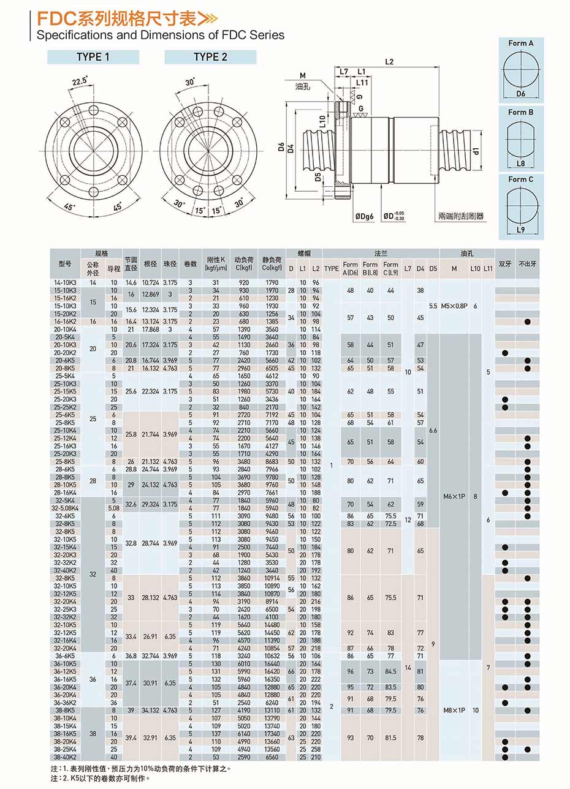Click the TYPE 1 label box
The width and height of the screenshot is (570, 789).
click(93, 57)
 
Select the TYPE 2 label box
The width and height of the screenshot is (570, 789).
click(210, 57)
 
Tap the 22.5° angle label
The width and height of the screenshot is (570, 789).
click(80, 81)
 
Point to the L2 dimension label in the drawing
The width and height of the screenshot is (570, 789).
click(389, 61)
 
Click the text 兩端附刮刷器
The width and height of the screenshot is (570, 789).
click(461, 216)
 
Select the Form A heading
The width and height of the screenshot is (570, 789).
click(520, 43)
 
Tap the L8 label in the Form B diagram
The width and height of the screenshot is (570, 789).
click(520, 164)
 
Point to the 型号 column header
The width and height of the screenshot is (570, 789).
click(65, 264)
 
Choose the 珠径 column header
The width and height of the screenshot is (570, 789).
click(170, 264)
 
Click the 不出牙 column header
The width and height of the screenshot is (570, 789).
click(527, 264)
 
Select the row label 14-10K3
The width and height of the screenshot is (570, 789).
click(65, 282)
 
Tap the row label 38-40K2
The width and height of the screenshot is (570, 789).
click(65, 757)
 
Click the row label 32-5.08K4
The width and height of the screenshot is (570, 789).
click(65, 508)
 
